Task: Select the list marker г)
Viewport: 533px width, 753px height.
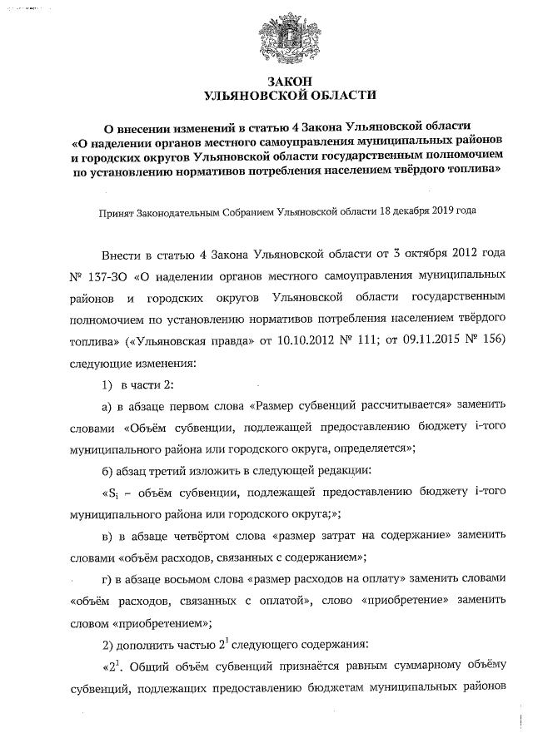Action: [x=106, y=577]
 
